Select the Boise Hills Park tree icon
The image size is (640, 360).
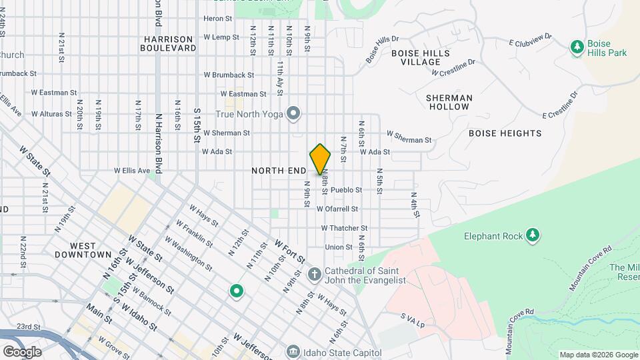(577, 47)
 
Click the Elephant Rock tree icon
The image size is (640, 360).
(532, 235)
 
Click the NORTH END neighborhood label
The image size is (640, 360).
(279, 171)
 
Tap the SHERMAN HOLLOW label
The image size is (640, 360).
(449, 102)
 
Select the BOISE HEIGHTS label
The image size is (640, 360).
(505, 133)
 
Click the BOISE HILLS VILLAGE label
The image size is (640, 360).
(421, 57)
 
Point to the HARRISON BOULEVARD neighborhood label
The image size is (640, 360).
(169, 43)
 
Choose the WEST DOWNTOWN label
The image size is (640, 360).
(83, 250)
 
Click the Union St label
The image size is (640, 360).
(339, 247)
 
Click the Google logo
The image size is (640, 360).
(21, 351)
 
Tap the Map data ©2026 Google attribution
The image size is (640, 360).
(598, 355)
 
